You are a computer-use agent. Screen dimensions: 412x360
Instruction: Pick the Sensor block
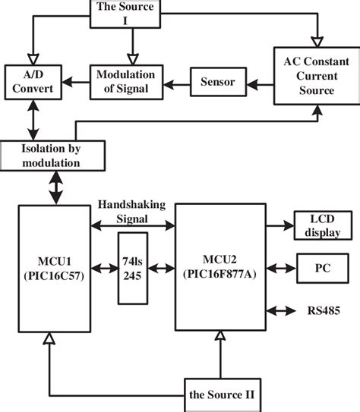[216, 80]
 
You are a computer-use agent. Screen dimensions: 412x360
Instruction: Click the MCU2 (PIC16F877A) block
[221, 266]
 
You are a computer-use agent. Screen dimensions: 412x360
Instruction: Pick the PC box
[321, 267]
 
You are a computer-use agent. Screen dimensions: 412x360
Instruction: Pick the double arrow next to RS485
[281, 310]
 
